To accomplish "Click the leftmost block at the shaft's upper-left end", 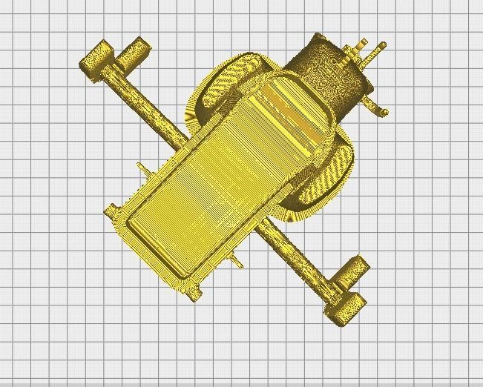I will click(96, 58).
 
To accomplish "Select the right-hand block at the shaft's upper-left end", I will click(136, 49).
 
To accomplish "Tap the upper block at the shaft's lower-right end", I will click(352, 269).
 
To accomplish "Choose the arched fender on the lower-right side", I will click(326, 182).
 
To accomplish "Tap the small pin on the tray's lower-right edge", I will click(237, 259).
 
